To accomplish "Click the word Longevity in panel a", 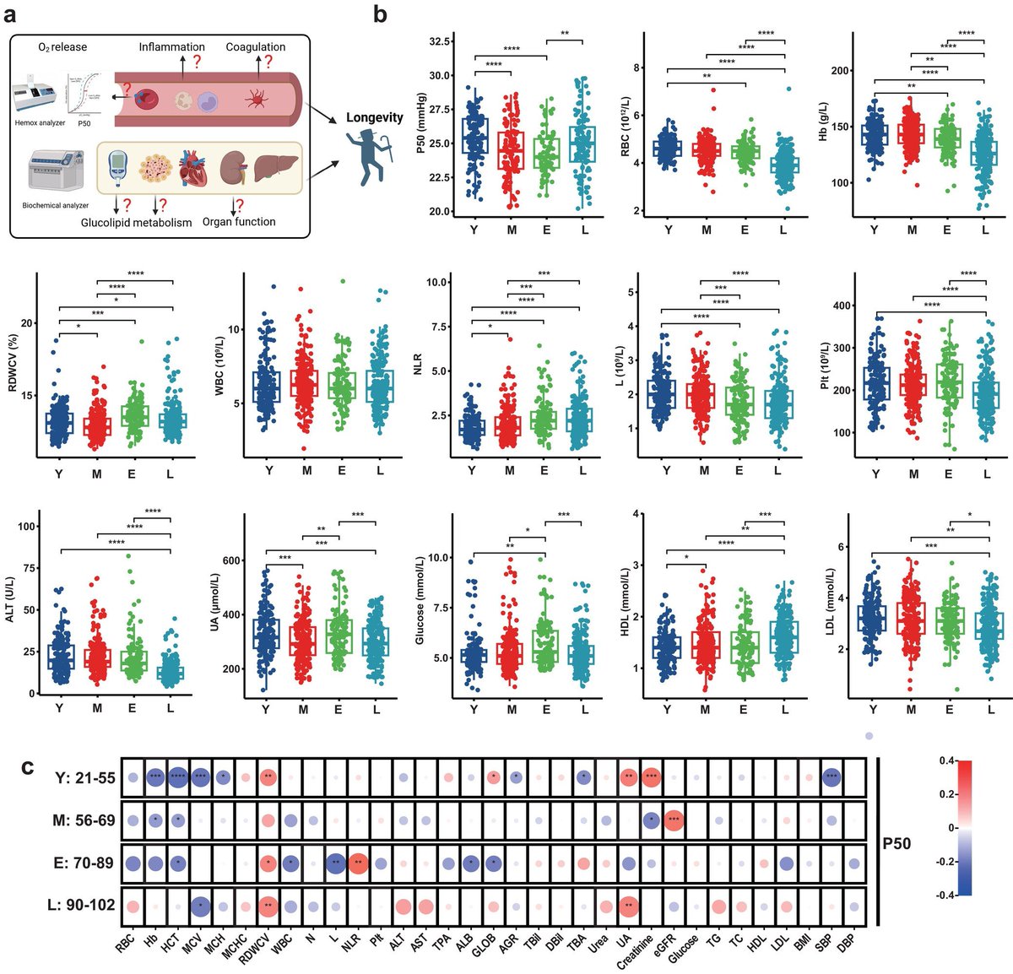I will coord(374,117).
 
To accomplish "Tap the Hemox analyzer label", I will coord(40,123).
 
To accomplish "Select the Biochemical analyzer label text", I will coord(56,205).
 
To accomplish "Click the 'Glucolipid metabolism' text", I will coord(136,223).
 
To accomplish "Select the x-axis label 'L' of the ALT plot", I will coord(171,709).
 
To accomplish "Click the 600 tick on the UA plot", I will coord(229,561).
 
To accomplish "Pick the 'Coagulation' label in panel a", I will coord(255,47).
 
